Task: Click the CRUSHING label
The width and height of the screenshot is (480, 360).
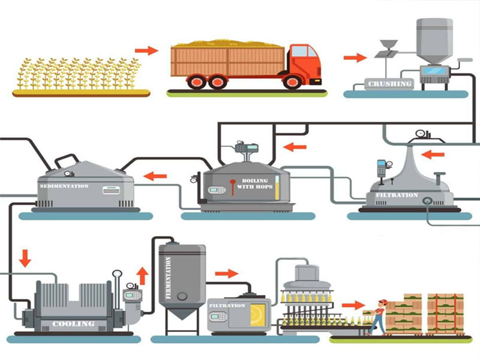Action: coord(391,84)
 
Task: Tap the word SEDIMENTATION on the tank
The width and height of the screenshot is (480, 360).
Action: coord(64,187)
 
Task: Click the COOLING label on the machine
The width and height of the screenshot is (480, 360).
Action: coord(73,324)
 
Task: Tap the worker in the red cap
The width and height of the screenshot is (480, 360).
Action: coord(377,316)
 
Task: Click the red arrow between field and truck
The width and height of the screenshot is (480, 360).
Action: coord(146,50)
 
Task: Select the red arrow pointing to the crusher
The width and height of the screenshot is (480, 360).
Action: coord(355,58)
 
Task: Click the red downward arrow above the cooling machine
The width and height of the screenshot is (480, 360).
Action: coord(25,259)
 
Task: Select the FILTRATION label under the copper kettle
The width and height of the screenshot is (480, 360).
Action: coord(397,196)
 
